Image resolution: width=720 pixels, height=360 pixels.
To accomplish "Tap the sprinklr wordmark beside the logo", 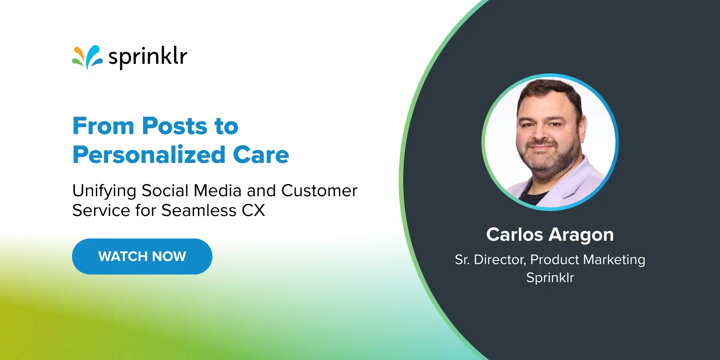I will point(148,58).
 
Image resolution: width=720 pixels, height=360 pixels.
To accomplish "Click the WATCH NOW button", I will point(142,256).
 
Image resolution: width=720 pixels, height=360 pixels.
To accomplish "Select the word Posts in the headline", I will point(175,126).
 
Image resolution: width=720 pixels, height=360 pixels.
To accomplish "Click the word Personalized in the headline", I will point(148,155).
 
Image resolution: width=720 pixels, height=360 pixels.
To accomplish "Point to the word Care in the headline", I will point(261,155).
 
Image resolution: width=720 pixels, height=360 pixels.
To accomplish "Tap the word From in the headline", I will point(103,126).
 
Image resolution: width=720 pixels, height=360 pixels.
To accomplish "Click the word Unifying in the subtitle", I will point(104,191).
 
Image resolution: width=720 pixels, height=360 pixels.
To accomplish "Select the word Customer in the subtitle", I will point(319,191).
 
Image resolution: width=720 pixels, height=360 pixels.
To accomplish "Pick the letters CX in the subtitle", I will point(253,211).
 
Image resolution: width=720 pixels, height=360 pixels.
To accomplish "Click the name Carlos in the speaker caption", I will point(515,235).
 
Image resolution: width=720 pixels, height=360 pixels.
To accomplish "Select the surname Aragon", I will point(581,235).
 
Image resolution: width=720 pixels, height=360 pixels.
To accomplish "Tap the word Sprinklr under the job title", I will point(550,278).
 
